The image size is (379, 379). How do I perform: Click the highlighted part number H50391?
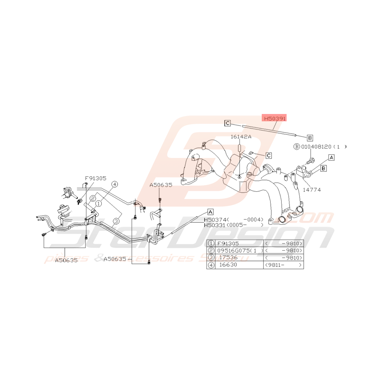274,118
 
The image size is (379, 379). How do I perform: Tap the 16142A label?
241,137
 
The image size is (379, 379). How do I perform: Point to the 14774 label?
311,189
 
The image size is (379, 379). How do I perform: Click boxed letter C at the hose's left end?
228,123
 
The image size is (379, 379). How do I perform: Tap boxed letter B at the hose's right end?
309,138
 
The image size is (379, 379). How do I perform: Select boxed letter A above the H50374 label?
210,212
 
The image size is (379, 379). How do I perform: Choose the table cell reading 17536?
228,258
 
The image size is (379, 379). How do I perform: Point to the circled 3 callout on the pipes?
116,221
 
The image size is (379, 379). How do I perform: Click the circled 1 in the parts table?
211,243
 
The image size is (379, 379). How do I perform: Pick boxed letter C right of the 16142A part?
268,155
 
